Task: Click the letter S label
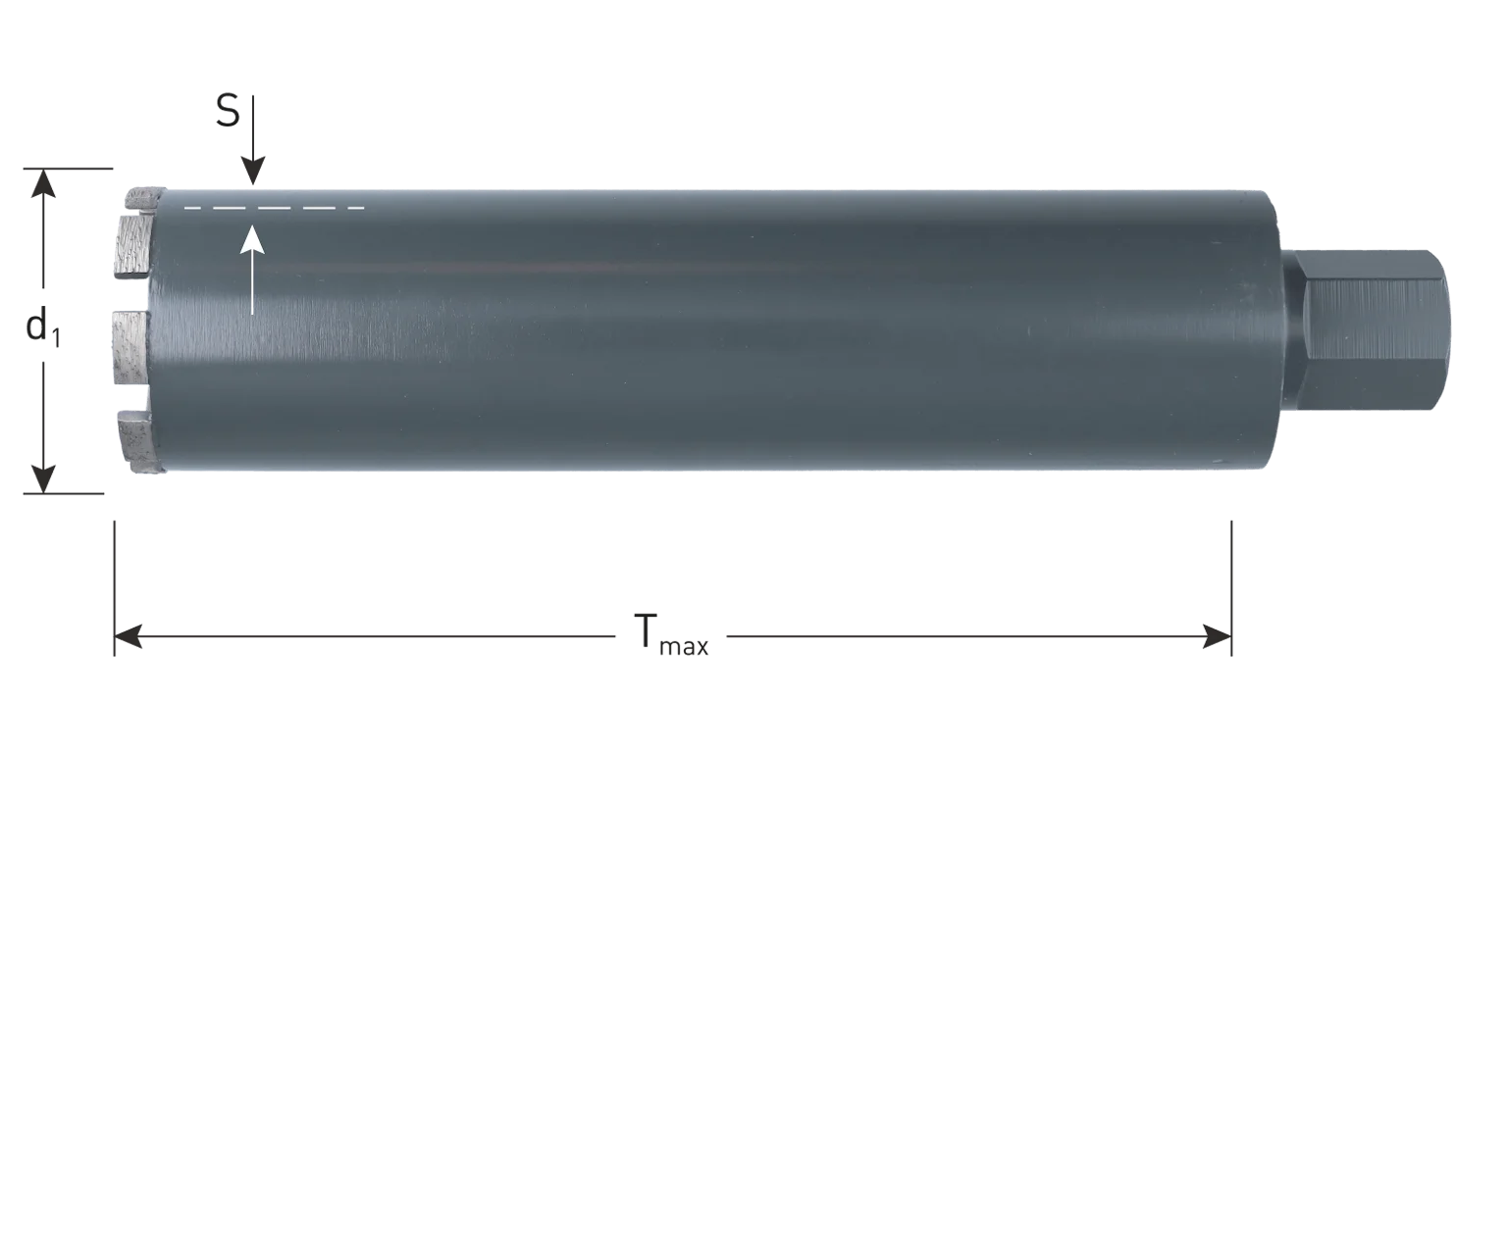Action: (228, 112)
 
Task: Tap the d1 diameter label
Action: (43, 326)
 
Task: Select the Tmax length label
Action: (671, 634)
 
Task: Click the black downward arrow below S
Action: (252, 140)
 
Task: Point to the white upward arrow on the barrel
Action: (252, 270)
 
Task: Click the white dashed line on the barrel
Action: (275, 208)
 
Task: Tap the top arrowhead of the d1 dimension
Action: (44, 183)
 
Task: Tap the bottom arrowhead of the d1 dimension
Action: (44, 479)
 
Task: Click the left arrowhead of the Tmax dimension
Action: (129, 637)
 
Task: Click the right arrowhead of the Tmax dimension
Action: (1217, 637)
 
